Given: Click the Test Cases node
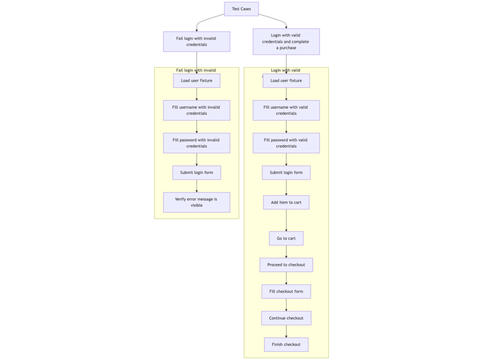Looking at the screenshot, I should [241, 9].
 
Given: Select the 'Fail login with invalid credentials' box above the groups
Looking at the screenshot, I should [196, 41].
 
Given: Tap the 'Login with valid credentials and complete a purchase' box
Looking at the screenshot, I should [286, 41].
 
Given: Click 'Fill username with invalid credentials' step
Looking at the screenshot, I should [196, 110].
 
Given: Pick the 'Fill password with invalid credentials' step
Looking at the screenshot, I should [196, 143].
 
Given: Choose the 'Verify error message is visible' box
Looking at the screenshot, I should [196, 202].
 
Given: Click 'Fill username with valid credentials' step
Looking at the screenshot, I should [286, 110].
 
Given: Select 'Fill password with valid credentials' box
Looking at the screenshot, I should [286, 143].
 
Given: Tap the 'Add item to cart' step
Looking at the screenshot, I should [286, 202].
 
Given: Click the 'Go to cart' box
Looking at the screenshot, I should [286, 238].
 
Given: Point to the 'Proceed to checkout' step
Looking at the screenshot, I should [286, 265].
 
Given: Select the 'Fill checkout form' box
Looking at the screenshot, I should [286, 291].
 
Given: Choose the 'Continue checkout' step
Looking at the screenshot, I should [286, 318].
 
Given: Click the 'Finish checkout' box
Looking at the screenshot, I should [286, 344].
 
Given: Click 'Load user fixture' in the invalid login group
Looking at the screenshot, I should [196, 80].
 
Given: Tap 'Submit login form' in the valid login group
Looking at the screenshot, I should [286, 172].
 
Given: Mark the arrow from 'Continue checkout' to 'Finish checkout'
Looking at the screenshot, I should [286, 331].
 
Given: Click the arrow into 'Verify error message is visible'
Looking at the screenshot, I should [197, 186].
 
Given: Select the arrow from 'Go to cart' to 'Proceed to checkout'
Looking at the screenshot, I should [286, 251].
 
